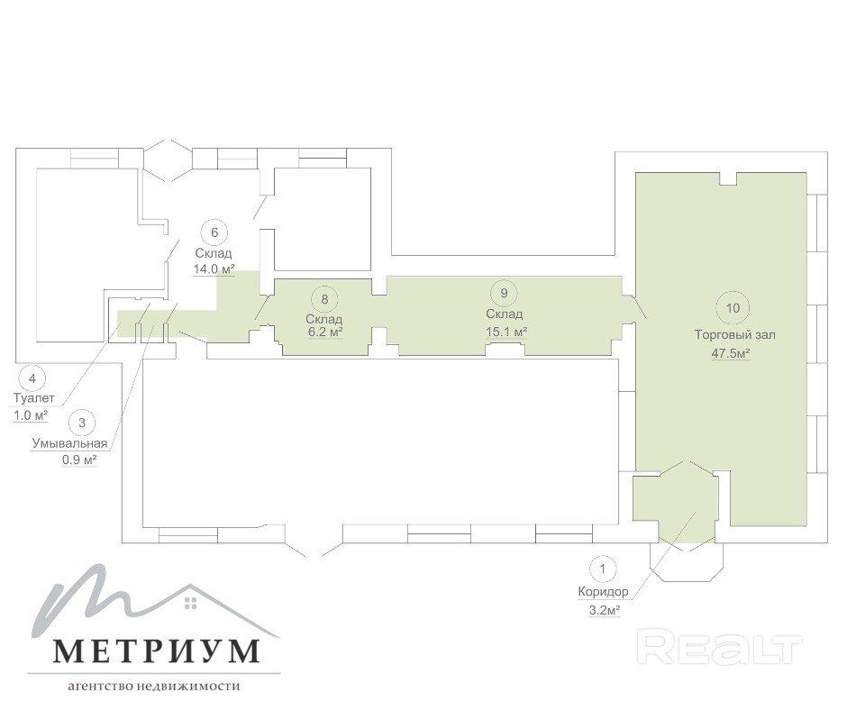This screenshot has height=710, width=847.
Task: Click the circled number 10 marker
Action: [x=733, y=308]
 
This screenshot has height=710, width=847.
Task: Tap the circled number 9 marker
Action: [x=504, y=294]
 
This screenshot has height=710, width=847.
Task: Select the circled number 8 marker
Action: [x=324, y=299]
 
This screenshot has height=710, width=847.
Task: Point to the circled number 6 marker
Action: [x=214, y=232]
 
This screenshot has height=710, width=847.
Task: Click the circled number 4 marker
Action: [x=32, y=378]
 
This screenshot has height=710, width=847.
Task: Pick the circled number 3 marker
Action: [x=82, y=423]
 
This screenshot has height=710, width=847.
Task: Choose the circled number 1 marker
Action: [x=603, y=569]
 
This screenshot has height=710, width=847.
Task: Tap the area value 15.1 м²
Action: [x=506, y=332]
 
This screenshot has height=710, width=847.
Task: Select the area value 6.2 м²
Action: [x=326, y=332]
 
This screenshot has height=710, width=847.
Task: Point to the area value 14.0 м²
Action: [x=214, y=269]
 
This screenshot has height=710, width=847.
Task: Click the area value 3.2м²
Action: [x=604, y=611]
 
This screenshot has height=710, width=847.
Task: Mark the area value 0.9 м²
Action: [x=79, y=460]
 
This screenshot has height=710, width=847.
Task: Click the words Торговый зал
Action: [x=734, y=335]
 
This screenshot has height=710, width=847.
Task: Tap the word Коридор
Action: [x=603, y=592]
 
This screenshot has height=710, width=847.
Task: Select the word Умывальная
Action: [x=69, y=443]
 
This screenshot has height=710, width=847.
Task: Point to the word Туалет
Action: [x=33, y=398]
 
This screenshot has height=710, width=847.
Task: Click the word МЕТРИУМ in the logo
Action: [x=156, y=651]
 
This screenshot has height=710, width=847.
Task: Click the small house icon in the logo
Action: [x=191, y=603]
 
